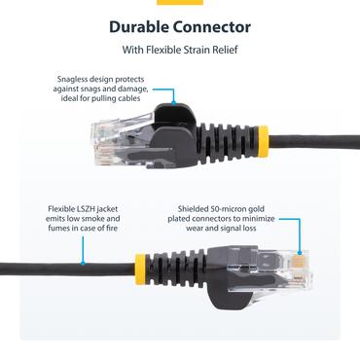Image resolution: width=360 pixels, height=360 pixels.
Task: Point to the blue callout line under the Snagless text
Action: pos(173,96)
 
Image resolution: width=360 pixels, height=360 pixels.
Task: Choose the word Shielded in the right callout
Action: pos(195,208)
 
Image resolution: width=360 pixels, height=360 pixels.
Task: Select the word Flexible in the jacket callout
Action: pos(62,208)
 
